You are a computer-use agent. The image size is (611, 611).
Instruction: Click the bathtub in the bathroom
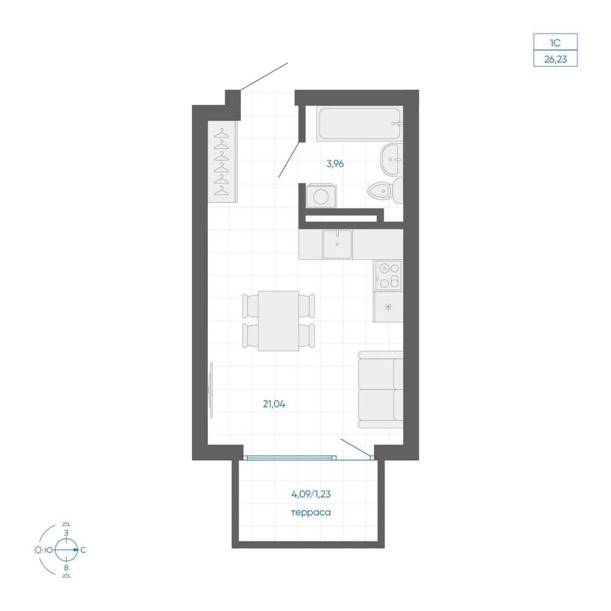click(359, 123)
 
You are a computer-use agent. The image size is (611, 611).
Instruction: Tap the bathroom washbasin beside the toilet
click(391, 159)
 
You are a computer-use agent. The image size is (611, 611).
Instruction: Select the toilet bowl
click(385, 191)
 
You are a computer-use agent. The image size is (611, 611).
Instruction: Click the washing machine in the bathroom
click(321, 196)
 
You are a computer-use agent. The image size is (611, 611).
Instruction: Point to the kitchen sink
click(337, 244)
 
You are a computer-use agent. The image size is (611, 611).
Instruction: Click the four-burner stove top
click(389, 276)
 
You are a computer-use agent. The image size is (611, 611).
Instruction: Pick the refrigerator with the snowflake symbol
click(388, 307)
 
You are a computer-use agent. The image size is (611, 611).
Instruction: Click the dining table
click(278, 321)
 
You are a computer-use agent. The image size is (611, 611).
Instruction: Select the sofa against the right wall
click(381, 389)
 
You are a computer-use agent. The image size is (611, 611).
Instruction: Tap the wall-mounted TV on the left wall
click(211, 390)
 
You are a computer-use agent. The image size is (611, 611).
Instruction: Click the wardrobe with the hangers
click(222, 162)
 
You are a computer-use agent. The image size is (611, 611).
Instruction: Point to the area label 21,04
click(274, 404)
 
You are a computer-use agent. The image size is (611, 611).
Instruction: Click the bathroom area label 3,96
click(335, 164)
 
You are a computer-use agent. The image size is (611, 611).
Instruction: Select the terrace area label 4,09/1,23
click(311, 494)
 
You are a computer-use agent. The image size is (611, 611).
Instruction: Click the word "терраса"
click(311, 513)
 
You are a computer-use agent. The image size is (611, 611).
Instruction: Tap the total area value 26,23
click(555, 59)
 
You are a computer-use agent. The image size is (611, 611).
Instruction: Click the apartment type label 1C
click(555, 43)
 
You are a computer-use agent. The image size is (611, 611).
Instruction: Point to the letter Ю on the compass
click(49, 550)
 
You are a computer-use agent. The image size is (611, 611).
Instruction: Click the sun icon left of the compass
click(38, 550)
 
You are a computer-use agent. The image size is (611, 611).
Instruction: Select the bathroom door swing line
click(289, 159)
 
